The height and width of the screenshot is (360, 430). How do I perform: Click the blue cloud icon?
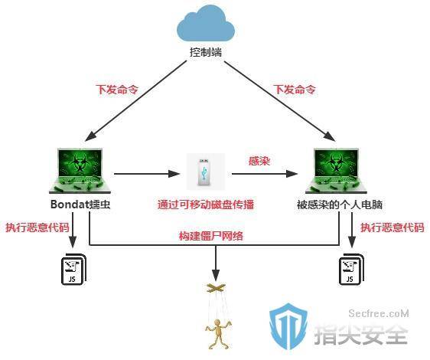(206, 25)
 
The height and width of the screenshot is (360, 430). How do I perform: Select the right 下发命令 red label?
(295, 89)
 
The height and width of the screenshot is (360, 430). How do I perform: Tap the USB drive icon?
(205, 172)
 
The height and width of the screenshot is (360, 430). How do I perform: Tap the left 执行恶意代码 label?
(37, 227)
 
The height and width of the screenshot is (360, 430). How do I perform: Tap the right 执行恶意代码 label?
(393, 227)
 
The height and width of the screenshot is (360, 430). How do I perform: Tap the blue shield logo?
(288, 326)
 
